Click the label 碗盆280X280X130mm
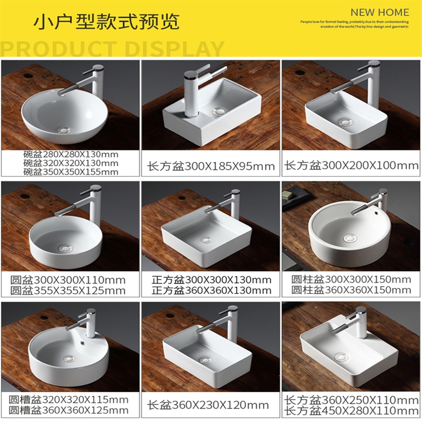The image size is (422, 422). click(x=71, y=155)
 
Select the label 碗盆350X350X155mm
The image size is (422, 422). click(x=71, y=172)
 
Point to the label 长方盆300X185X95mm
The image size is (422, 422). click(x=211, y=167)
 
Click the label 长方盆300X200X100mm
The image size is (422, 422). click(x=352, y=166)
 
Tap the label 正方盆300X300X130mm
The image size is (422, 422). click(x=211, y=280)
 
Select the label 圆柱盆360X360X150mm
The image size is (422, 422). click(x=351, y=290)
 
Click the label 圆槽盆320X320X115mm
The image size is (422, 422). click(x=69, y=400)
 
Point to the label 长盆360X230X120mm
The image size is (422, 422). click(x=208, y=406)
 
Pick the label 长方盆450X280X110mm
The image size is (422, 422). click(x=351, y=410)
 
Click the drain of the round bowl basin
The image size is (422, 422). click(x=65, y=129)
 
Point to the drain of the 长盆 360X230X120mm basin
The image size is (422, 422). click(x=205, y=360)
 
